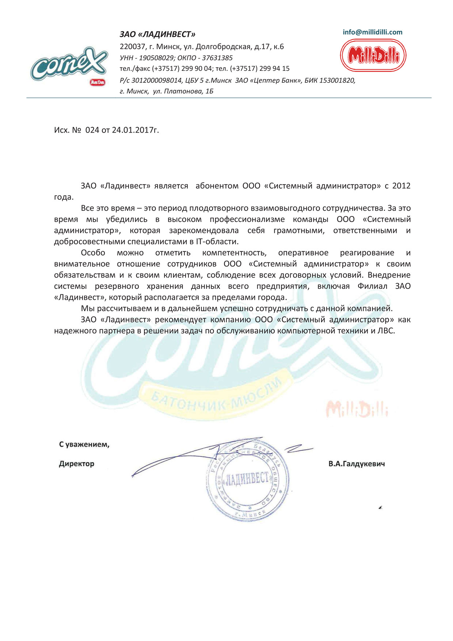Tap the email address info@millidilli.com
[x=372, y=32]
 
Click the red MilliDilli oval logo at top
[x=373, y=56]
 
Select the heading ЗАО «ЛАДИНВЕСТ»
[x=157, y=34]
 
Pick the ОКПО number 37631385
[x=217, y=58]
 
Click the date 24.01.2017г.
[x=135, y=130]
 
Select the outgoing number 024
[x=92, y=130]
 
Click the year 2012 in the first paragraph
[x=401, y=186]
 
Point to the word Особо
[x=93, y=253]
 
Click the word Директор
[x=77, y=464]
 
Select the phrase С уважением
[x=84, y=444]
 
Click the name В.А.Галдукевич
[x=357, y=464]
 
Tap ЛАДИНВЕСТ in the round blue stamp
[x=248, y=478]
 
